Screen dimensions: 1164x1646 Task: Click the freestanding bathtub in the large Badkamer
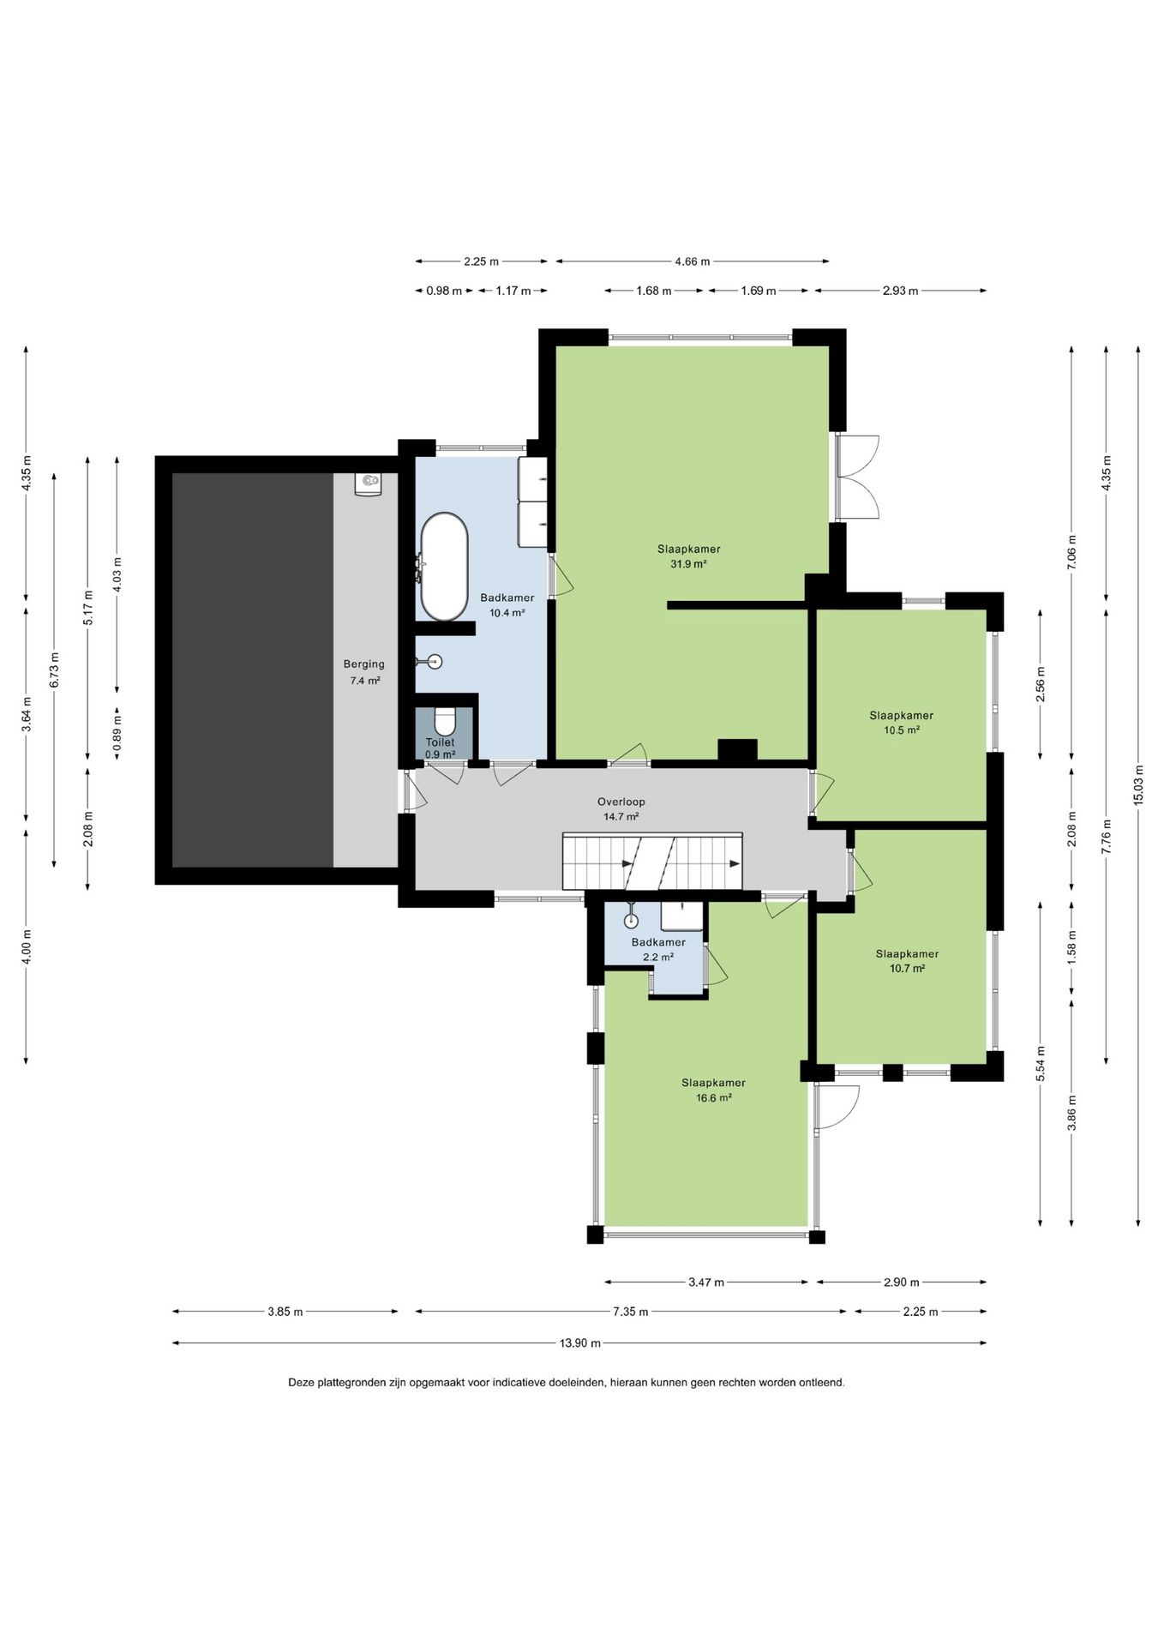tap(443, 568)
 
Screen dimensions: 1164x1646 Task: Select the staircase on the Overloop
tap(652, 861)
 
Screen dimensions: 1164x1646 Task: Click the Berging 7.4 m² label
tap(364, 672)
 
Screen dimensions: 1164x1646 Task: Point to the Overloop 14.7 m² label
tap(621, 809)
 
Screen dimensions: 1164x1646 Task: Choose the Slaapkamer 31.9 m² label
tap(688, 556)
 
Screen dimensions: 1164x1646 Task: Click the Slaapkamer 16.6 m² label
tap(713, 1090)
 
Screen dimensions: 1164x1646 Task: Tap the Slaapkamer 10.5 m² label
tap(901, 723)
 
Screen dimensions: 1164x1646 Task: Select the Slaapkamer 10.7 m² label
tap(907, 961)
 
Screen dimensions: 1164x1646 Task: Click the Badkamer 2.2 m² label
tap(658, 949)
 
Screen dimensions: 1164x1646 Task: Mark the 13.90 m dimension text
tap(580, 1343)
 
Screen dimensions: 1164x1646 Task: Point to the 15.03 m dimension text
tap(1138, 784)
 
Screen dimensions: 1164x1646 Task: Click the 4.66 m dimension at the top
tap(693, 261)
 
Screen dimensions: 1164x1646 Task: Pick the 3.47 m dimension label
tap(706, 1283)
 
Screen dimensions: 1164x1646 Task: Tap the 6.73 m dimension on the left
tap(55, 670)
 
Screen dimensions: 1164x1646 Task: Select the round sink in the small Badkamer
tap(632, 921)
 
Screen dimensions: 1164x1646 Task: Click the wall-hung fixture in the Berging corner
tap(369, 484)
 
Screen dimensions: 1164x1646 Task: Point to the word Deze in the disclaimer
tap(302, 1383)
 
